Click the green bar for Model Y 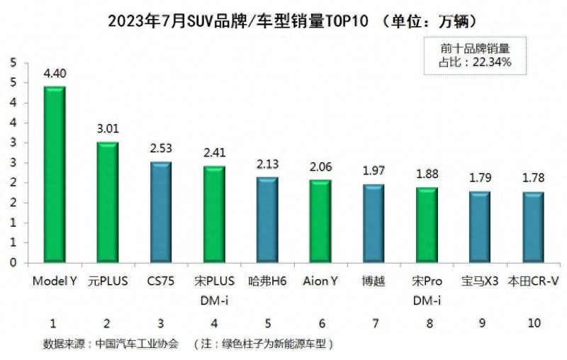click(55, 174)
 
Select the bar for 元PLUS click(108, 202)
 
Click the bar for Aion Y click(320, 221)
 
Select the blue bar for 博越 click(374, 223)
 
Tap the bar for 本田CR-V click(533, 227)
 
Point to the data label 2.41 click(214, 152)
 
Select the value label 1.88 click(427, 174)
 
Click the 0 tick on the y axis click(13, 263)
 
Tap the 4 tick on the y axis click(13, 103)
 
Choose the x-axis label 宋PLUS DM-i click(214, 291)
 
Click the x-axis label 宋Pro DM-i click(427, 291)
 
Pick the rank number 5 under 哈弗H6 click(267, 323)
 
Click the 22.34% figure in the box click(490, 62)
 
